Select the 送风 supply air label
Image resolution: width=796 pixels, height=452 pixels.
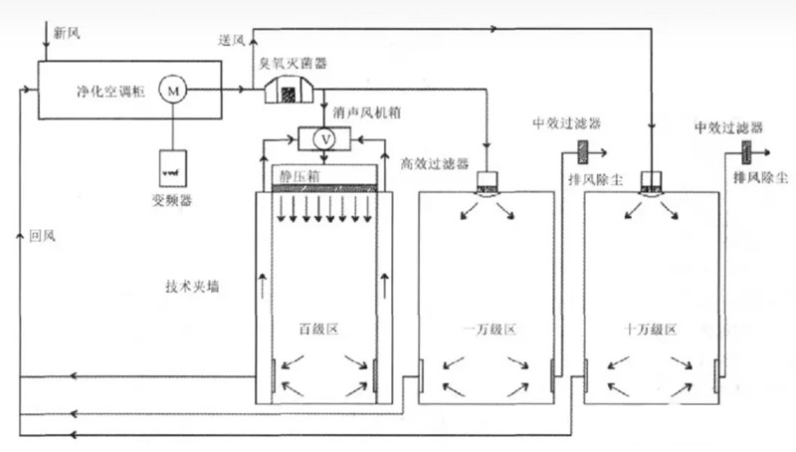pos(231,39)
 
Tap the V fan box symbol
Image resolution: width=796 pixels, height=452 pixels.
pos(320,139)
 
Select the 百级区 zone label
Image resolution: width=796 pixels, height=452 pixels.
pos(320,329)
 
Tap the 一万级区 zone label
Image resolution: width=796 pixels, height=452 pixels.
pos(488,330)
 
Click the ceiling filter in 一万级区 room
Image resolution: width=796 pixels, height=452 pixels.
pos(487,183)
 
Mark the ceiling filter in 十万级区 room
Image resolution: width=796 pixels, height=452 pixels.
pos(652,183)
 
